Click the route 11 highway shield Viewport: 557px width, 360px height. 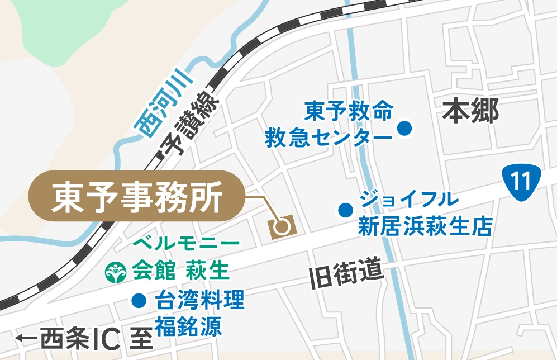pos(521,180)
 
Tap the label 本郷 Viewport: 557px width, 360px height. pos(470,111)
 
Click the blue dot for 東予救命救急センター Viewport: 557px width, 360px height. pos(404,129)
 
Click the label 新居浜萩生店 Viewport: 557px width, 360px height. pos(424,226)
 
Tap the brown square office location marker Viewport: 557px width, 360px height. pos(282,226)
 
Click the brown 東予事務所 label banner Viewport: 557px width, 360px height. pos(136,196)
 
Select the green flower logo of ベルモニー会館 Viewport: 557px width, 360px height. pos(117,272)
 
